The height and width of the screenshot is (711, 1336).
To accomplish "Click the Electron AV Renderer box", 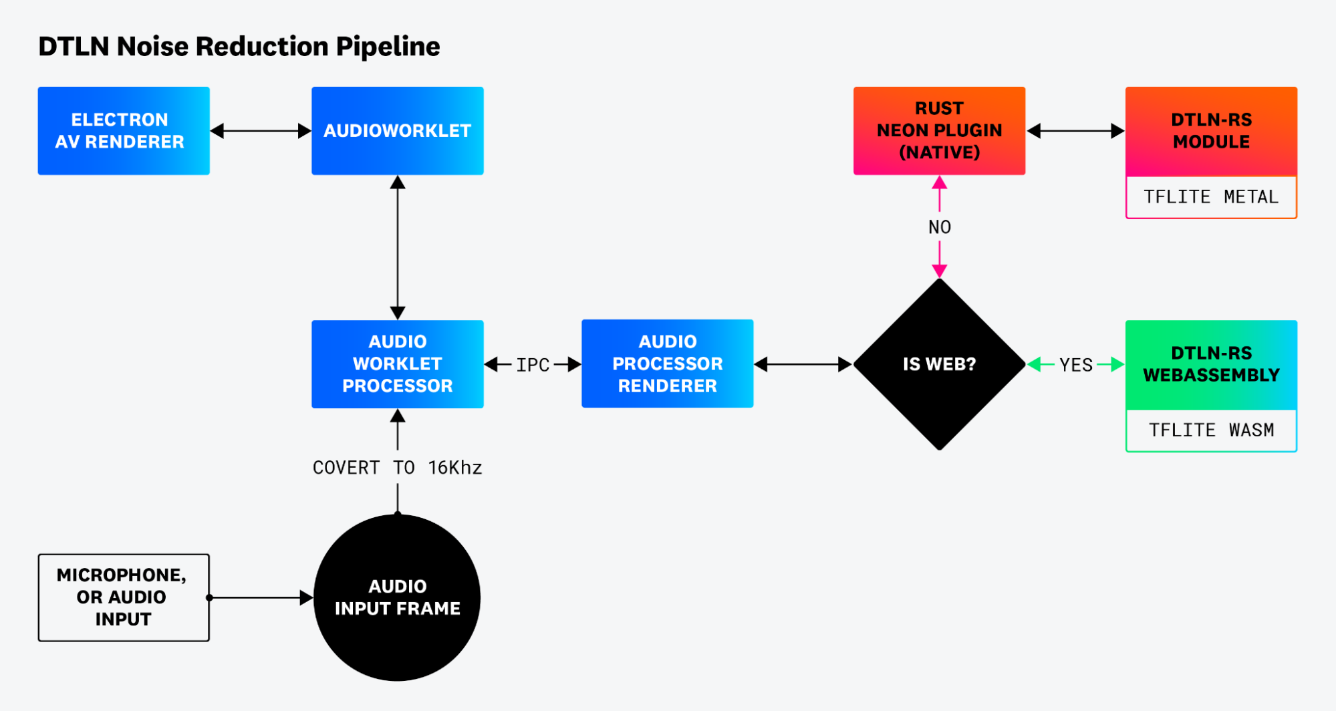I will [124, 131].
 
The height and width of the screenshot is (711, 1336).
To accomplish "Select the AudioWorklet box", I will [397, 131].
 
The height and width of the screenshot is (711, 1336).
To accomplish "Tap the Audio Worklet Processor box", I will [397, 364].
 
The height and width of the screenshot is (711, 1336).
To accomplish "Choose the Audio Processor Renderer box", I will [667, 364].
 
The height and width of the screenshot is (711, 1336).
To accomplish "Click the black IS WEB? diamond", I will [939, 364].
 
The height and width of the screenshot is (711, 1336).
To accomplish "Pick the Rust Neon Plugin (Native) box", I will [939, 131].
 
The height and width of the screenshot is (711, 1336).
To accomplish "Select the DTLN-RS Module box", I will [1211, 131].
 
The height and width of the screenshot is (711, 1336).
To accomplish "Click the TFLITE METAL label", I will [1211, 197].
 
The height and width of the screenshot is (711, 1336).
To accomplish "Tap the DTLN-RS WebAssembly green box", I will [1211, 364].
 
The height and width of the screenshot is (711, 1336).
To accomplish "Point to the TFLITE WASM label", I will [1211, 430].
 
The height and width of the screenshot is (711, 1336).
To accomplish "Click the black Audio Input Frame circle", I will [397, 597].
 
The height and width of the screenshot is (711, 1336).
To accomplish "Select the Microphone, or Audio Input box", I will [124, 597].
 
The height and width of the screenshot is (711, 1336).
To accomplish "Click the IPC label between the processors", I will [533, 365].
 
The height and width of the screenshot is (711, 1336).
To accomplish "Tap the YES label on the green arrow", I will [1075, 365].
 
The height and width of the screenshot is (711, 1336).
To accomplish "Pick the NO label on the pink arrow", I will [939, 227].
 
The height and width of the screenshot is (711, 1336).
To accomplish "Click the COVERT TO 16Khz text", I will [397, 468].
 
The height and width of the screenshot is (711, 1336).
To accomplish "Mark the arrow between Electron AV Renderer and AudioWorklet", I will [261, 131].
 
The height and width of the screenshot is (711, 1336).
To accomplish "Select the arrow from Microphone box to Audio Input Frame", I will [261, 597].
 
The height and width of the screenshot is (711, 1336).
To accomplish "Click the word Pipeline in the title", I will [388, 47].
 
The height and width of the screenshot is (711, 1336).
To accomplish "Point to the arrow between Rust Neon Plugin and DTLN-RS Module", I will [1075, 131].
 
